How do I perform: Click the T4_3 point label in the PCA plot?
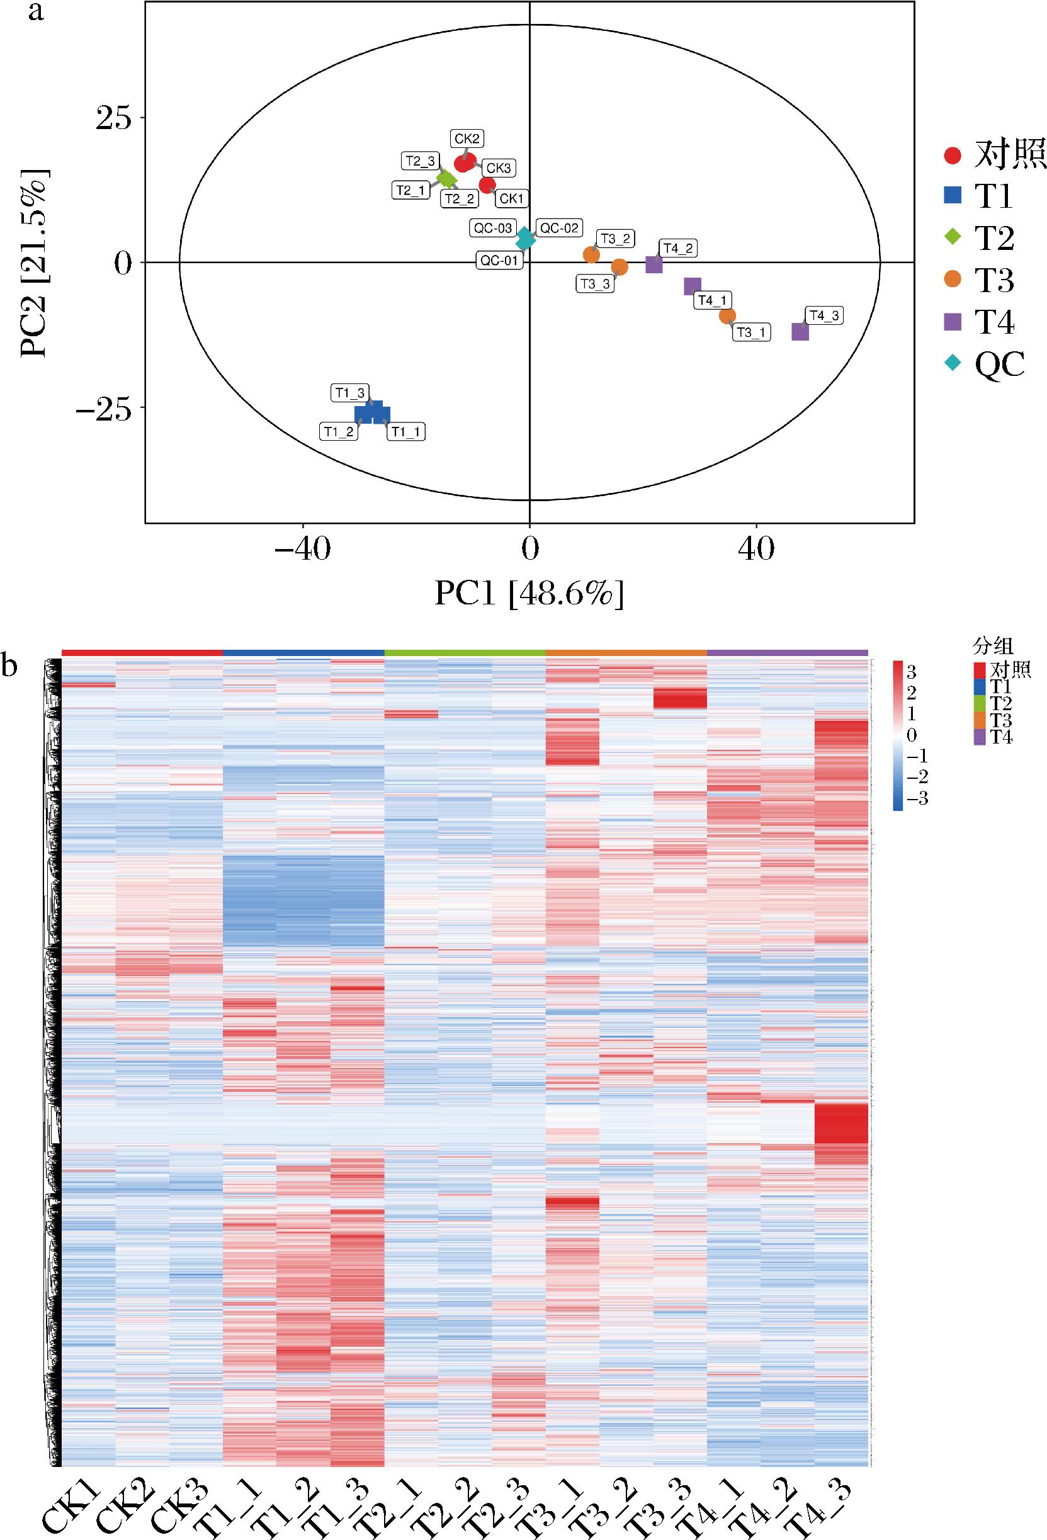[x=823, y=316]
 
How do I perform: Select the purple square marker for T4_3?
[x=800, y=332]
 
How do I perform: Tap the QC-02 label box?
[x=559, y=229]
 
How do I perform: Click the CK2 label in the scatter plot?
[x=467, y=139]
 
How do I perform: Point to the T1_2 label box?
[x=340, y=432]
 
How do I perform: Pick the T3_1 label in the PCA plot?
[x=752, y=332]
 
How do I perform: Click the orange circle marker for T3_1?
[x=727, y=315]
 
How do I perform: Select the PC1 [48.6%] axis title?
[x=529, y=593]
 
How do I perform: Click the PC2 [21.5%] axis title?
[x=33, y=263]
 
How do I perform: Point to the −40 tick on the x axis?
[x=302, y=550]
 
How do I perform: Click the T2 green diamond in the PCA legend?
[x=953, y=237]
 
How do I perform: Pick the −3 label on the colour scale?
[x=917, y=800]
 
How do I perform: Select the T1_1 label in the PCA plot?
[x=405, y=432]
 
